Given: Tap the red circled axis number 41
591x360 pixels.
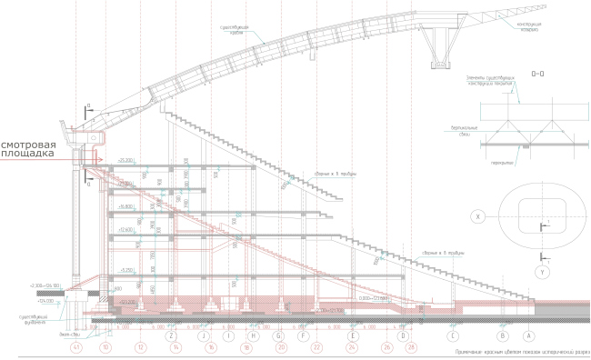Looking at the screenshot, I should click(x=76, y=346).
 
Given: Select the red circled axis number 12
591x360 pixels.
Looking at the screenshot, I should click(x=141, y=346).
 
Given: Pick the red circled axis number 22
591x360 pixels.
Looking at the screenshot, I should click(x=316, y=346).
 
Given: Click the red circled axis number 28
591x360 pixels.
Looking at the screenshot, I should click(x=411, y=346).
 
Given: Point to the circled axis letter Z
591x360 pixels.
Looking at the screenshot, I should click(x=171, y=335).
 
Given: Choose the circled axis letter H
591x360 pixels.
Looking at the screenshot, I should click(x=245, y=335).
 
